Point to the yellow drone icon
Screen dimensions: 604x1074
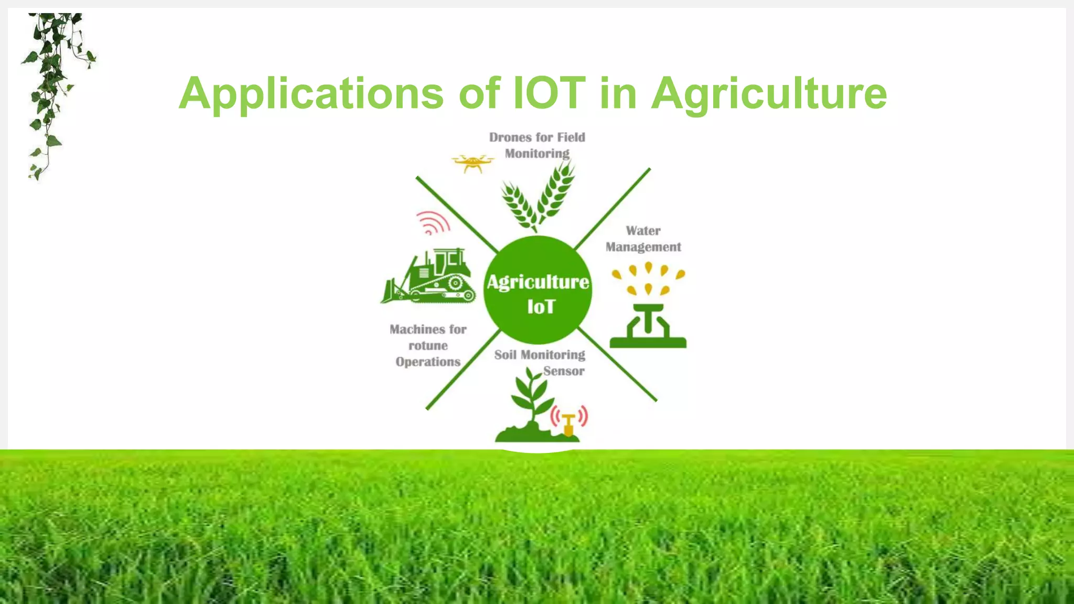click(472, 163)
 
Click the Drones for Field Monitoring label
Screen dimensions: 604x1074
click(537, 145)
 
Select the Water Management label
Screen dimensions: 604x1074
click(643, 239)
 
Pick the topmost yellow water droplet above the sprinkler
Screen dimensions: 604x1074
click(649, 267)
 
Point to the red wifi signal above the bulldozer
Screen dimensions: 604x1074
click(433, 223)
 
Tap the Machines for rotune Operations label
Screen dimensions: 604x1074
click(428, 346)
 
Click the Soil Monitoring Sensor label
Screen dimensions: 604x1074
click(539, 362)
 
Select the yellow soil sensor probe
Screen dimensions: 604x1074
click(568, 424)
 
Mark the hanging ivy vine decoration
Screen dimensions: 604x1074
click(52, 89)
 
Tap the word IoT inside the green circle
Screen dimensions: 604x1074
click(541, 307)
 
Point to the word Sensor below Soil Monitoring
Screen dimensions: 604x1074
click(564, 371)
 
